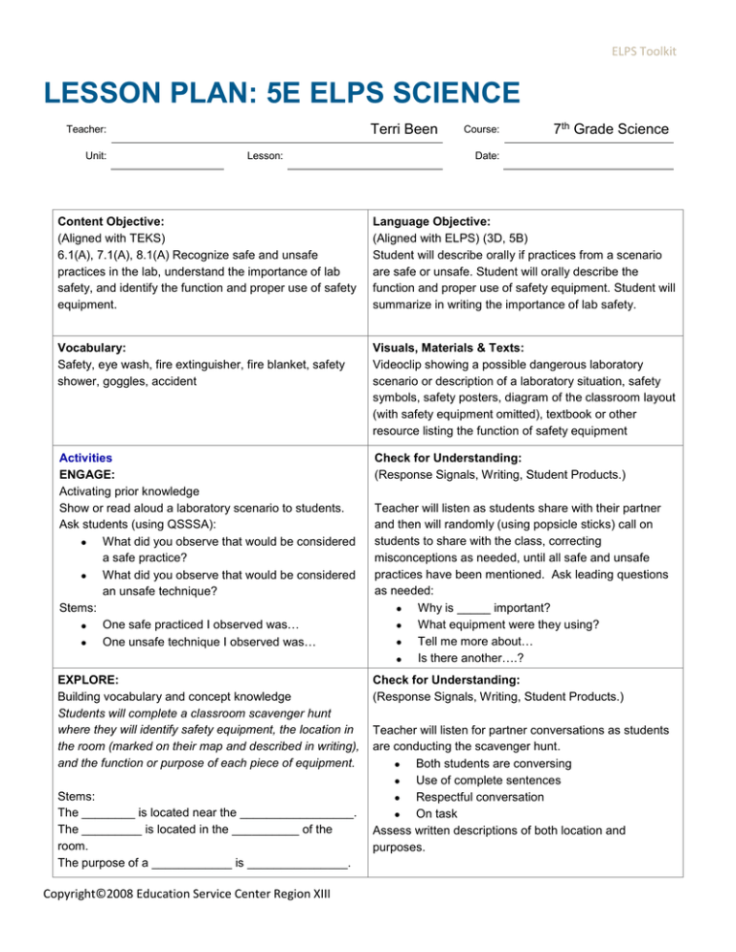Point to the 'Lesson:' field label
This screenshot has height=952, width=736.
[264, 154]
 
